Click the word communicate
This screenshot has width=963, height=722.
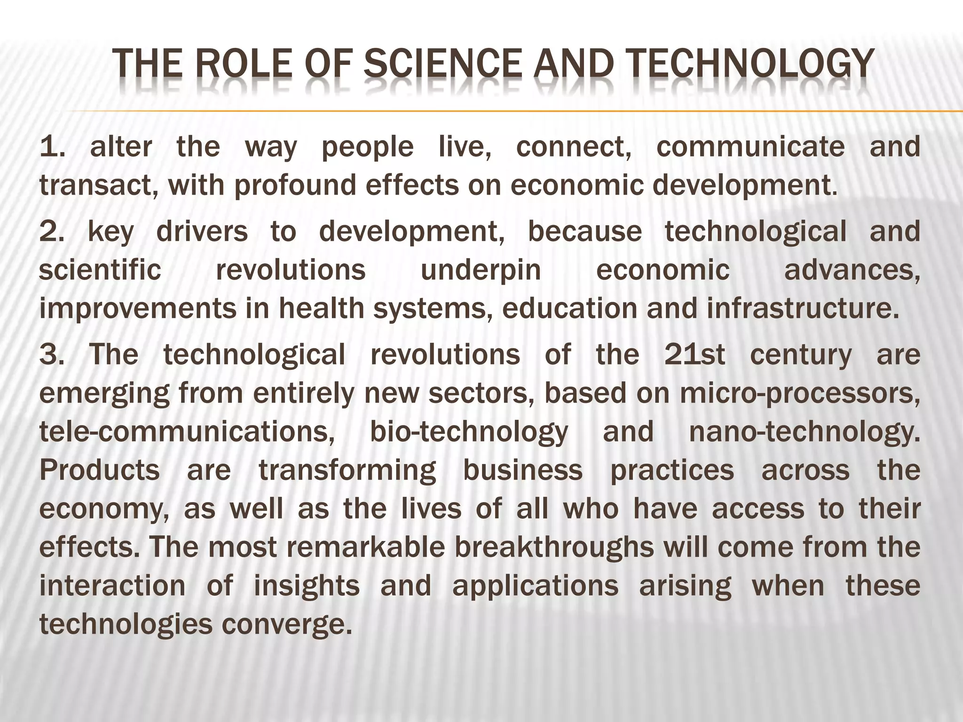tap(750, 147)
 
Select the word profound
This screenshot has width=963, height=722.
tap(300, 186)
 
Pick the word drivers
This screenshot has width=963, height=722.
tap(202, 232)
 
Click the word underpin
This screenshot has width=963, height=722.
tap(481, 270)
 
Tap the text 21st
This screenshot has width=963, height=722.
tap(695, 354)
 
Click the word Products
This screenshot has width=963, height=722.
tap(100, 471)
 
